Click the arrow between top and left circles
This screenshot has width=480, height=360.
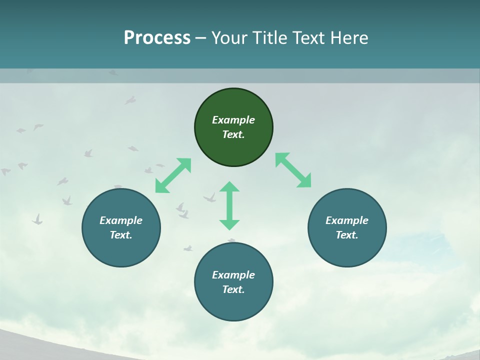[173, 175]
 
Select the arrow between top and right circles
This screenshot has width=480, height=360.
[293, 170]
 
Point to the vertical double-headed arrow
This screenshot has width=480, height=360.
[229, 205]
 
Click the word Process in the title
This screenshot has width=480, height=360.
[157, 37]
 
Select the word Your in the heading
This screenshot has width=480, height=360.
[229, 37]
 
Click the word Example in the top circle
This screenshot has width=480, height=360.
[233, 120]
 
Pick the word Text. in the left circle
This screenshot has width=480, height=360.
[121, 235]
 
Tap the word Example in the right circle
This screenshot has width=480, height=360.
[347, 220]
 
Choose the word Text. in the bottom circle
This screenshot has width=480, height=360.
[233, 289]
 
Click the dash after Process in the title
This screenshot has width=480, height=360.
[201, 38]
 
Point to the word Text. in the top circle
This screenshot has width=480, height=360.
[233, 134]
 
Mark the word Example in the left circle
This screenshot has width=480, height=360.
[121, 220]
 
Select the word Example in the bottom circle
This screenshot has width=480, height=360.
[233, 275]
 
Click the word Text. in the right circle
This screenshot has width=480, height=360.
[347, 235]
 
